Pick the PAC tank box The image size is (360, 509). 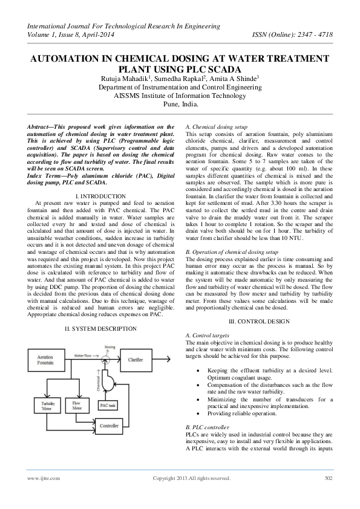108,404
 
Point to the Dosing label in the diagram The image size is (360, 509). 110,347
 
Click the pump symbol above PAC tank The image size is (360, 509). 110,380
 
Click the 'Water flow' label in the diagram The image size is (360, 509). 83,355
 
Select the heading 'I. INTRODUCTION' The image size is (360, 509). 101,196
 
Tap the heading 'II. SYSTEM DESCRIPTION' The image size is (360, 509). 101,328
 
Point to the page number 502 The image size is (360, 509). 329,478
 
